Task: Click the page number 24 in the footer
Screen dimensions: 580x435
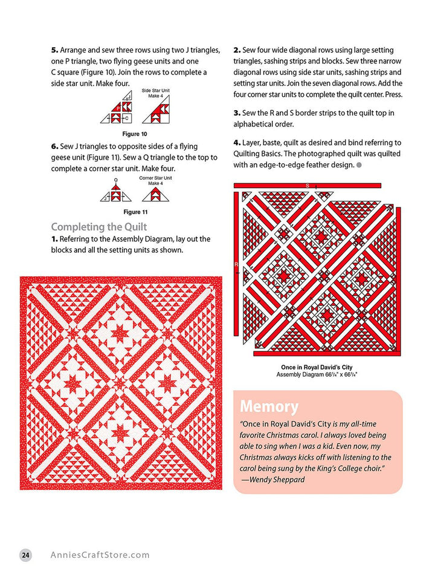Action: pyautogui.click(x=25, y=555)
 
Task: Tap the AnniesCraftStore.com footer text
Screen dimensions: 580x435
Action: pyautogui.click(x=100, y=555)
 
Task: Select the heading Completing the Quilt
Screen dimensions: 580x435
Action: pyautogui.click(x=99, y=227)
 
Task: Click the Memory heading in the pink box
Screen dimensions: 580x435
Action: pyautogui.click(x=269, y=406)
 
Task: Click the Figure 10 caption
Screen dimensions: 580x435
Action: pyautogui.click(x=135, y=134)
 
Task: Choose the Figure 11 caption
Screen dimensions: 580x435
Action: pyautogui.click(x=135, y=212)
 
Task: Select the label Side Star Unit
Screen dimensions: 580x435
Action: pyautogui.click(x=155, y=90)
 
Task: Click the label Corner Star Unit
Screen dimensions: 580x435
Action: pyautogui.click(x=155, y=178)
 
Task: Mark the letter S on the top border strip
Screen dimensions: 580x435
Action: pyautogui.click(x=307, y=185)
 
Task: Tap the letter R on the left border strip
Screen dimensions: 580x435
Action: pyautogui.click(x=236, y=265)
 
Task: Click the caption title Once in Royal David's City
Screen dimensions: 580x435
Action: pyautogui.click(x=317, y=367)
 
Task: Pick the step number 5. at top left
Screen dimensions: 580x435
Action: pyautogui.click(x=55, y=50)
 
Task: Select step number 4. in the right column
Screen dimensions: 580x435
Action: pyautogui.click(x=237, y=143)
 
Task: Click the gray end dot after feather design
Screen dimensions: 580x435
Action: pyautogui.click(x=359, y=165)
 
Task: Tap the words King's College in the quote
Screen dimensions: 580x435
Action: pyautogui.click(x=338, y=468)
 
